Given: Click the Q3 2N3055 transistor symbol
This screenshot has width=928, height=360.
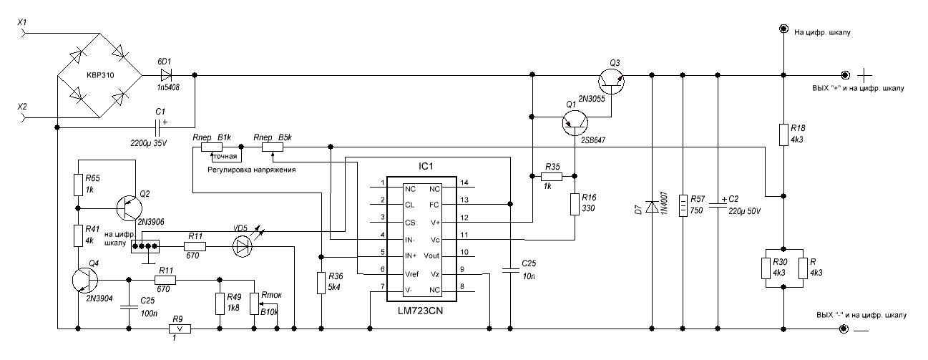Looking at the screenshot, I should click(x=612, y=81).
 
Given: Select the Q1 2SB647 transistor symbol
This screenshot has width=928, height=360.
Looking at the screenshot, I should click(x=573, y=123).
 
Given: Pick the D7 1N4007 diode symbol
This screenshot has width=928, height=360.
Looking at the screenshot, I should click(x=652, y=207).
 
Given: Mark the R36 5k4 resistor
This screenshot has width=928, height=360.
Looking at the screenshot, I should click(x=321, y=283).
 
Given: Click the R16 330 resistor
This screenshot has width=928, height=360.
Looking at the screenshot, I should click(x=575, y=204).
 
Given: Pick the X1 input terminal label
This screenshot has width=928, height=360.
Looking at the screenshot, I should click(x=22, y=24).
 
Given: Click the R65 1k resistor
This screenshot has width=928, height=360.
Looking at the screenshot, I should click(x=78, y=185).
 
